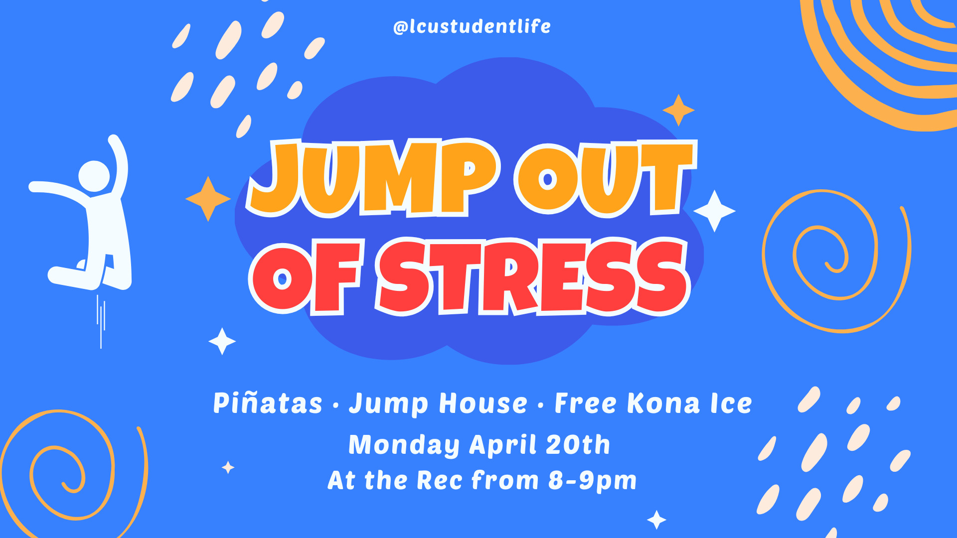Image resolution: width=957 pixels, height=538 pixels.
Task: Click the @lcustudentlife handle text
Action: [x=472, y=26]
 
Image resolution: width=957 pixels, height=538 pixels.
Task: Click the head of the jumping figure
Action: [x=94, y=176]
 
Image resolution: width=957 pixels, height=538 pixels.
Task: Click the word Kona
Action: [x=663, y=403]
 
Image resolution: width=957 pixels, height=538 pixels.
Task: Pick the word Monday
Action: [x=404, y=445]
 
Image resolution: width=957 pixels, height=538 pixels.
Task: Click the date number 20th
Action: [x=578, y=444]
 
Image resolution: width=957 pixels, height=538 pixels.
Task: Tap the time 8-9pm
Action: [x=592, y=481]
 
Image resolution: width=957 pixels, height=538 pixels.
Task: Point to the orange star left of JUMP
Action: [x=208, y=199]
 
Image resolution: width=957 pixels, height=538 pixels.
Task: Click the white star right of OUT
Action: [x=714, y=211]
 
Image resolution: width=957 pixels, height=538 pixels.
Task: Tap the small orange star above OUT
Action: [x=678, y=110]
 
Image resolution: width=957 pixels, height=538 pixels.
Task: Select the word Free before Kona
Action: [x=586, y=403]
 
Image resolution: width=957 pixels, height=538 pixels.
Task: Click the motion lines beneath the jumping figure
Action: [x=101, y=321]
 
